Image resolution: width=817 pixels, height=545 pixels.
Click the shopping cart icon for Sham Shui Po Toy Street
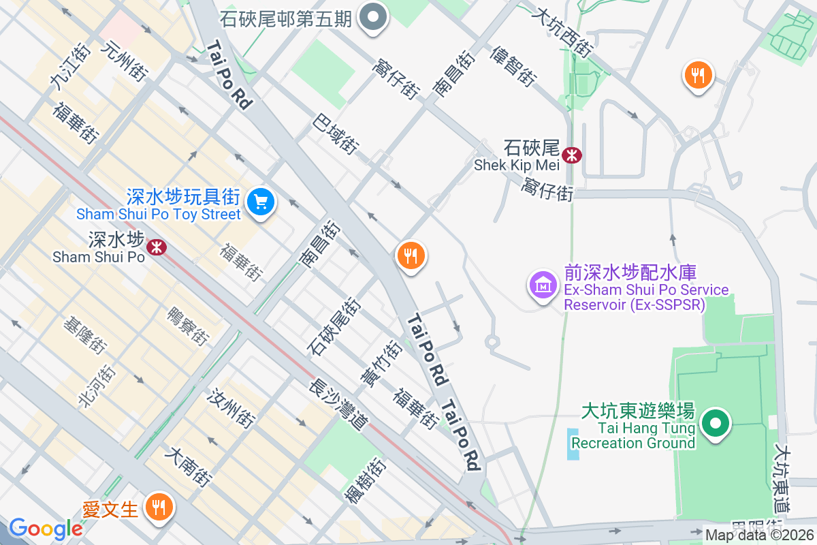259,202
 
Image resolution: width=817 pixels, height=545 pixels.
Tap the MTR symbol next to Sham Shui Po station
157,246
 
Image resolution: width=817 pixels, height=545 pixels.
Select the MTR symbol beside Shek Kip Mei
572,155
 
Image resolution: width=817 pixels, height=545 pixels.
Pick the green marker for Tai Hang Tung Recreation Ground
715,424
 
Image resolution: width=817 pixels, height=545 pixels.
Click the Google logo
46,529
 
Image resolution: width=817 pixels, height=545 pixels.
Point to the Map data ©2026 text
759,535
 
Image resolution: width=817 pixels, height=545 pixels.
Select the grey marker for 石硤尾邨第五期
373,18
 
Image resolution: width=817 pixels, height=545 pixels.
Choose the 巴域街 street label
336,133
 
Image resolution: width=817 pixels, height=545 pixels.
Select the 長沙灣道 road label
338,405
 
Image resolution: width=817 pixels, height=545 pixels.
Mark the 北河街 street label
97,386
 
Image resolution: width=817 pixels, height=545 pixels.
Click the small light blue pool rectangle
573,443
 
